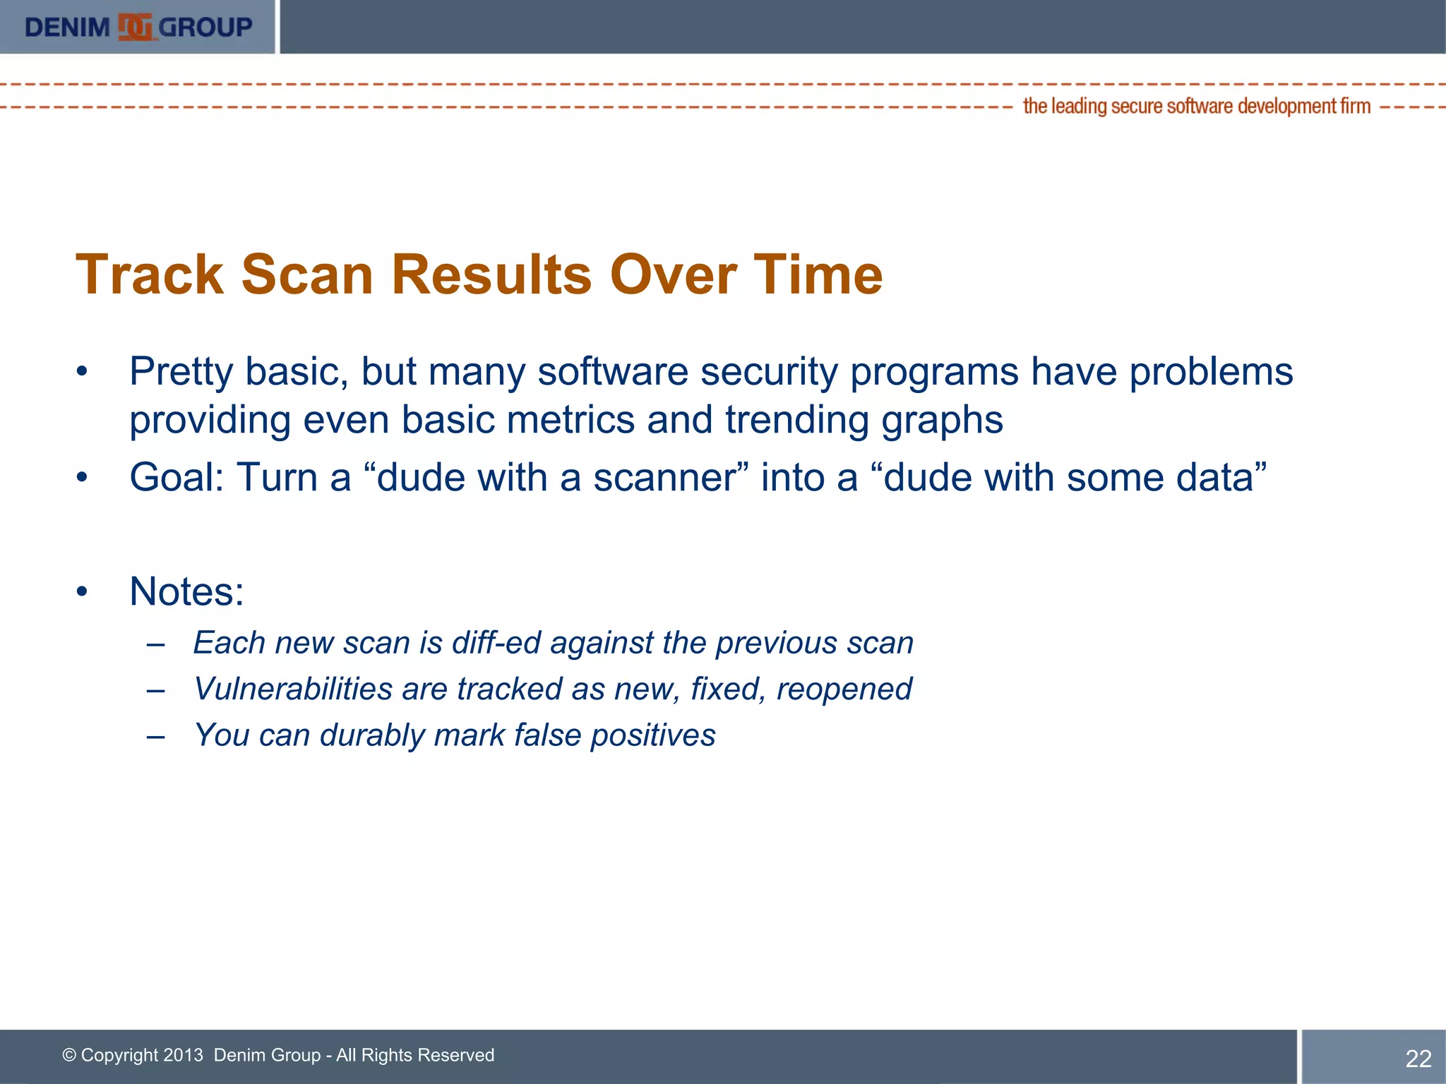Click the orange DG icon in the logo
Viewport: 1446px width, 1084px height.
[135, 27]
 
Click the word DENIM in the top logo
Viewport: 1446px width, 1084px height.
[67, 28]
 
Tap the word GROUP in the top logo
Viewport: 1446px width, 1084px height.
[205, 28]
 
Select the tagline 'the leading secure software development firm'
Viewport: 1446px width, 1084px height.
[1196, 106]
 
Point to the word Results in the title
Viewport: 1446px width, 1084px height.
[491, 275]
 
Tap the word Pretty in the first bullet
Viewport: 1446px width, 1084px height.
[181, 372]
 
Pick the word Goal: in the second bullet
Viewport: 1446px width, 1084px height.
[177, 478]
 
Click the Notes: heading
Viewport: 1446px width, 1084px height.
[186, 591]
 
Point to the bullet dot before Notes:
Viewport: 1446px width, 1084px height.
[83, 591]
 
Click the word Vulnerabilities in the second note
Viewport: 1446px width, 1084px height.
[293, 689]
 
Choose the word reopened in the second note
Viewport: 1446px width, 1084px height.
[844, 689]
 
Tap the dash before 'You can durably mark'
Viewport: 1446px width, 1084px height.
[156, 736]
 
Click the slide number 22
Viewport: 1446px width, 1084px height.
[1418, 1058]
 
